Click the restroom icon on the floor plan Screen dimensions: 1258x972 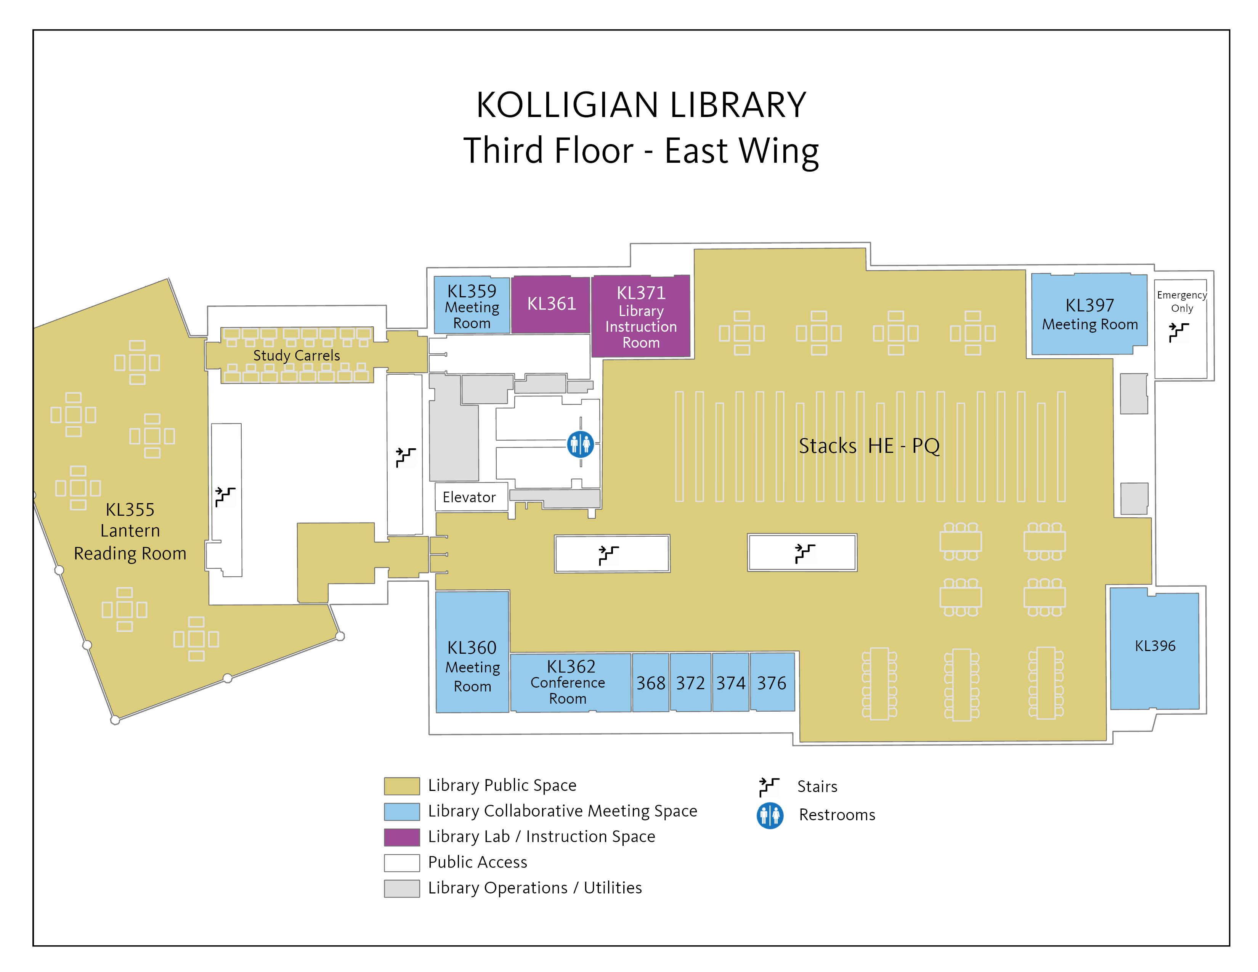[x=580, y=444]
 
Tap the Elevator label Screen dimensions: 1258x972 [x=469, y=497]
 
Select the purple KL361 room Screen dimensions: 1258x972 [x=551, y=304]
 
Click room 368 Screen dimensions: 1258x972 [x=651, y=682]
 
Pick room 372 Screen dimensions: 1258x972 [x=691, y=682]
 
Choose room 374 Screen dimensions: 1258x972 [x=731, y=682]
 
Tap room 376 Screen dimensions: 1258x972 [x=772, y=682]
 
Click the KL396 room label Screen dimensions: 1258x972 [x=1155, y=646]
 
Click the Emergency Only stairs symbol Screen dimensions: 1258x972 [x=1178, y=332]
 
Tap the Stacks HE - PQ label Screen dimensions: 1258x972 [x=869, y=446]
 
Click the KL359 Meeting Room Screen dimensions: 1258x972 [x=472, y=305]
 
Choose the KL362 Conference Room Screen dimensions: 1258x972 [x=570, y=682]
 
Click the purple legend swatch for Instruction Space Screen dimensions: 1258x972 [x=401, y=837]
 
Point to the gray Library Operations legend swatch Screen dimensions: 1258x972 [x=401, y=888]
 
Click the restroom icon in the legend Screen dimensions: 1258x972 [x=770, y=815]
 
